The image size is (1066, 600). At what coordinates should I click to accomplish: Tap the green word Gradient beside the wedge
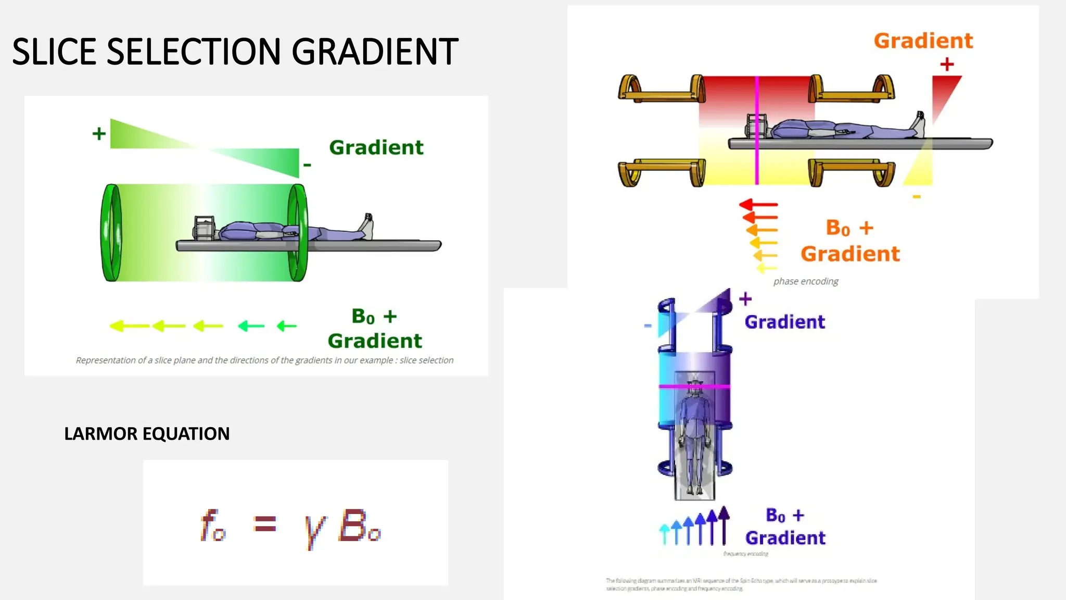pos(376,147)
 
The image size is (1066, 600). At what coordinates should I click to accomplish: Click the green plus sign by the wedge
pos(99,134)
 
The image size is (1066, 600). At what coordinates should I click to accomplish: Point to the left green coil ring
pos(111,233)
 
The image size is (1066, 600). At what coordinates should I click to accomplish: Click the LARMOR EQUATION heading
pos(147,433)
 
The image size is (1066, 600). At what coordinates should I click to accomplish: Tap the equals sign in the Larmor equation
pos(264,523)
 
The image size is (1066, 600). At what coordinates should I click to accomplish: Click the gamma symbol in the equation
pos(314,530)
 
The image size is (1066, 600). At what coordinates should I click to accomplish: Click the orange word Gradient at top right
pos(923,41)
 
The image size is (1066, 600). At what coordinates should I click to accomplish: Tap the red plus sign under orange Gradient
pos(947,65)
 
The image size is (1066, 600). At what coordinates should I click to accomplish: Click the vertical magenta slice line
pos(757,130)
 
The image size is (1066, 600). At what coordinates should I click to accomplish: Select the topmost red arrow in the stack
pos(758,204)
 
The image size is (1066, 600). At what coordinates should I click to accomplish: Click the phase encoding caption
pos(805,281)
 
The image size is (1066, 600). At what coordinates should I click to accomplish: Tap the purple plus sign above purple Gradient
pos(745,298)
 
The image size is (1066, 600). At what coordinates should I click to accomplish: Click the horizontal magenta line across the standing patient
pos(694,386)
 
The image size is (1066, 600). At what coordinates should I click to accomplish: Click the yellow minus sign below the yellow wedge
pos(917,197)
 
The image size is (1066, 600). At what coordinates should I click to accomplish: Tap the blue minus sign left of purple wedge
pos(648,326)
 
